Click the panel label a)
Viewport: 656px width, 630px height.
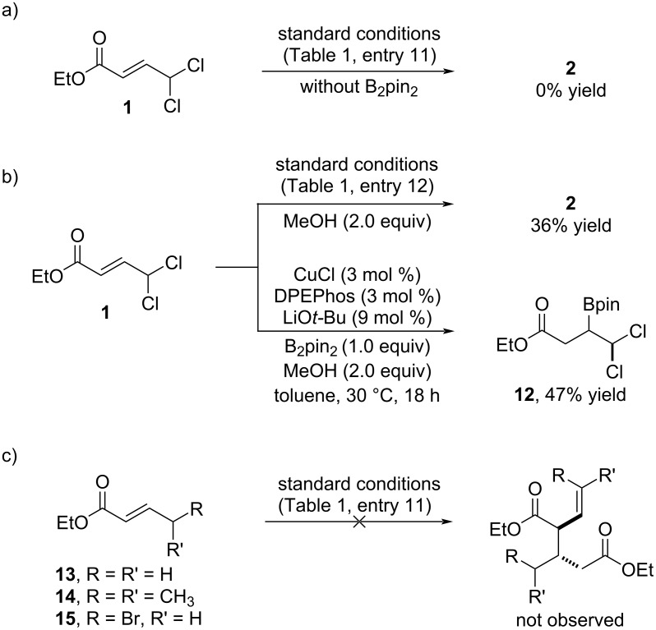click(x=11, y=11)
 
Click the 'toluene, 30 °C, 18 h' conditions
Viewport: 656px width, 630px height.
click(x=356, y=398)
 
